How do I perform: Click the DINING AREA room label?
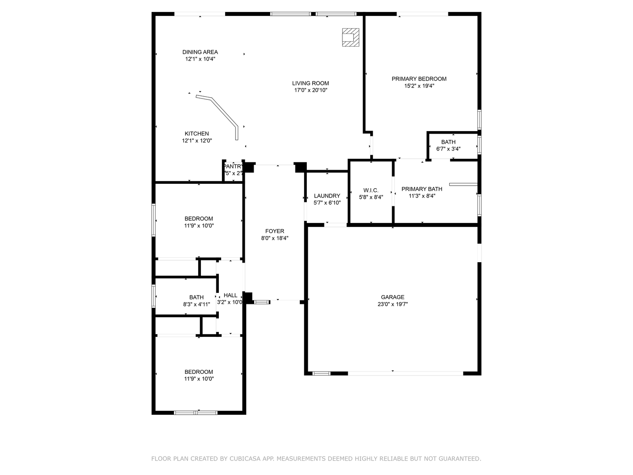200,52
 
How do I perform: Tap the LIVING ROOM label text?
310,83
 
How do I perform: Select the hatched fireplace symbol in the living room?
351,37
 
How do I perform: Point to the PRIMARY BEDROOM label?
419,79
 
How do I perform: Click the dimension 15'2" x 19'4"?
419,86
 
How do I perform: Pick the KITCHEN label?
196,134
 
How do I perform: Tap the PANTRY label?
233,166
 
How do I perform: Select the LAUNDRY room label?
327,196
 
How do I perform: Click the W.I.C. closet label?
371,190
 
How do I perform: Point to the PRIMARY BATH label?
422,189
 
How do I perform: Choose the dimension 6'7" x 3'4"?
448,149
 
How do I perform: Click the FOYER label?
275,231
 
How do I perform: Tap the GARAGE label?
393,297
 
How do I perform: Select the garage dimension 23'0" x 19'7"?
393,304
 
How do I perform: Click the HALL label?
230,295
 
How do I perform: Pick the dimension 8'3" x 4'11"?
196,304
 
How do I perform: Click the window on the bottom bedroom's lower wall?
196,413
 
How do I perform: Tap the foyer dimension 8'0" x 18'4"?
275,238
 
